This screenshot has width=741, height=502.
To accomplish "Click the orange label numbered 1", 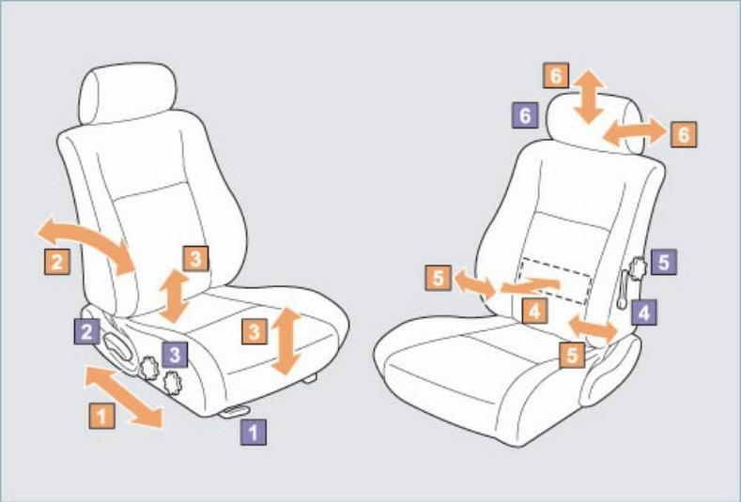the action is click(101, 416).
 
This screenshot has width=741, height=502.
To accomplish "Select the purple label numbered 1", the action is click(254, 432).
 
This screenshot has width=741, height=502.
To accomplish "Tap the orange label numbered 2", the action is click(57, 261).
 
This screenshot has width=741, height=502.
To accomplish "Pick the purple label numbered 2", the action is click(87, 331).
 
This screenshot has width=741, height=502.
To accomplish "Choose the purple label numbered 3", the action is click(175, 354).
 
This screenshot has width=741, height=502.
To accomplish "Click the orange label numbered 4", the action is click(535, 311).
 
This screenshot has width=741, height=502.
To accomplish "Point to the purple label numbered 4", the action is click(643, 312).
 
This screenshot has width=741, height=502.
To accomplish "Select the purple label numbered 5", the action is click(663, 262).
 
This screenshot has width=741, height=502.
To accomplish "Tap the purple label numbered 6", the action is click(525, 114).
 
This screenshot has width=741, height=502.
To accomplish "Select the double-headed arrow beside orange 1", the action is click(123, 397).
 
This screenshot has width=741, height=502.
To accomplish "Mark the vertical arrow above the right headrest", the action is click(588, 97).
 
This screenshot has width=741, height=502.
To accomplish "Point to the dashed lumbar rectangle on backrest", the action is click(556, 281).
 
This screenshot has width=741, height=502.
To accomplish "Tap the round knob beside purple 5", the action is click(637, 269).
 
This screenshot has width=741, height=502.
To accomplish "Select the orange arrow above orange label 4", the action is click(531, 284).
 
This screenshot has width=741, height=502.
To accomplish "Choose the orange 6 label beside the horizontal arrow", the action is click(684, 134).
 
